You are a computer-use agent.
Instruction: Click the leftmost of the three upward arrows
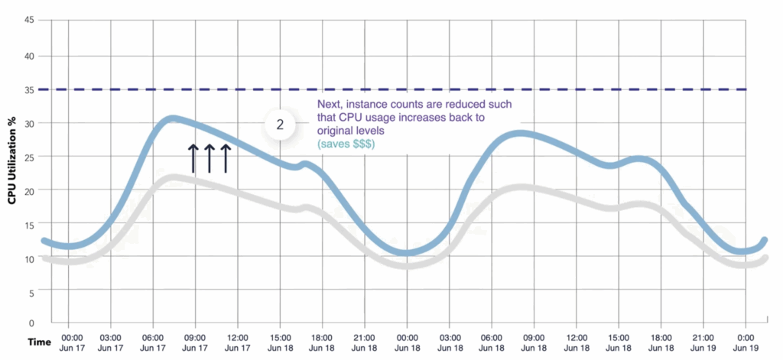click(193, 157)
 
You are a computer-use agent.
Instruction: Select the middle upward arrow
click(209, 157)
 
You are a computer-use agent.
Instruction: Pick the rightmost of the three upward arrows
click(225, 157)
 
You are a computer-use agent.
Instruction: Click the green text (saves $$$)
click(343, 144)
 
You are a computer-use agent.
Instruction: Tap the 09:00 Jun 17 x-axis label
click(197, 342)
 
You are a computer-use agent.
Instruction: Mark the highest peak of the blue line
click(173, 118)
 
